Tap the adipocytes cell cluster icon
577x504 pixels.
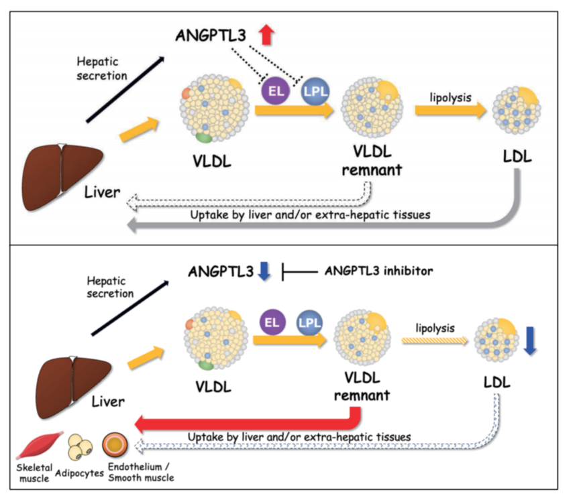pos(82,444)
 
